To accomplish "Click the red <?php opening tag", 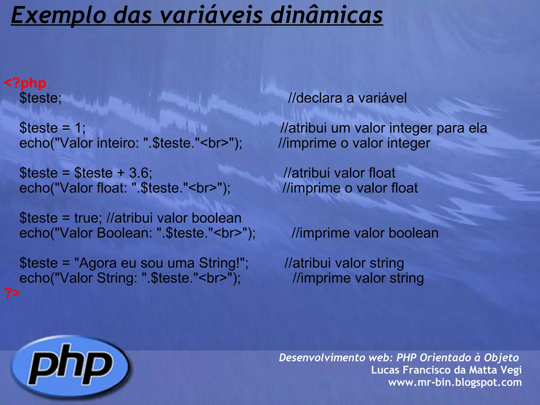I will click(x=25, y=83).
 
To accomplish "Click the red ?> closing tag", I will click(x=12, y=292).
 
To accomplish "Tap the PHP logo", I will click(x=71, y=367).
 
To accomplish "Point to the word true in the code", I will click(x=86, y=218).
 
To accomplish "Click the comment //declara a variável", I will click(x=347, y=98).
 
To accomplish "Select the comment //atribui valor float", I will click(x=339, y=173).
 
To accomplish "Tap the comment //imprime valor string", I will click(x=358, y=278).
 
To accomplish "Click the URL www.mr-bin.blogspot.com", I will click(x=455, y=382).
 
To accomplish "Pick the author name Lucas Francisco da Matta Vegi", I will click(x=446, y=370).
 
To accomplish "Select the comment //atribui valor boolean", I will click(x=174, y=218).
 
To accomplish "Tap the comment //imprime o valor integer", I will click(x=354, y=143).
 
